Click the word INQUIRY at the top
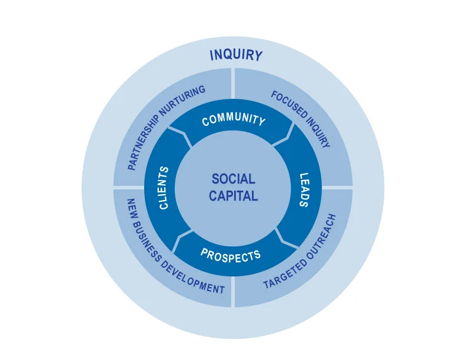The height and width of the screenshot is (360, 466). [236, 55]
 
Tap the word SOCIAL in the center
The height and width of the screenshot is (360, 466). [234, 179]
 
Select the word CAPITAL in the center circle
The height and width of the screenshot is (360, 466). [234, 196]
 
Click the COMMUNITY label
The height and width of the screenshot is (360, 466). [234, 119]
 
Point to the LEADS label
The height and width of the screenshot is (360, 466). [304, 190]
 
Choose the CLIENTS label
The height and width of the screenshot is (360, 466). [164, 188]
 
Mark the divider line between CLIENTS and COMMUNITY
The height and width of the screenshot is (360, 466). [182, 136]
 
